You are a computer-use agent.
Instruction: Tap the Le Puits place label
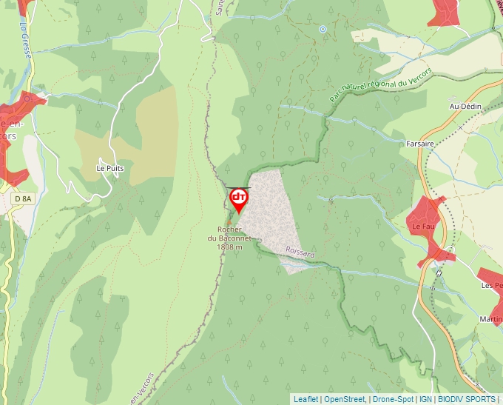110,168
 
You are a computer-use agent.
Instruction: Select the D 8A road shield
24,198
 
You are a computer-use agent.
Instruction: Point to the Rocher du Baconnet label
229,238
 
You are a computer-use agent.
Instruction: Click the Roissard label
300,253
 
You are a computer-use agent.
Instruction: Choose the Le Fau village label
423,226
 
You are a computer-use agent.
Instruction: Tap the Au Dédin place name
465,107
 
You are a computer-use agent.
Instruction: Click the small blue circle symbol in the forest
323,29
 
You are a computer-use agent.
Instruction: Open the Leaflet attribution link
305,399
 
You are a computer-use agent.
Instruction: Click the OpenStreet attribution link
345,399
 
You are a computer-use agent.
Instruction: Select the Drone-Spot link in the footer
393,399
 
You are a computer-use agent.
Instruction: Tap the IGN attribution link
425,399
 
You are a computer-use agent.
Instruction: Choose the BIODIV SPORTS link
466,399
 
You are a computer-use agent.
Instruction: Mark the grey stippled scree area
270,215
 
